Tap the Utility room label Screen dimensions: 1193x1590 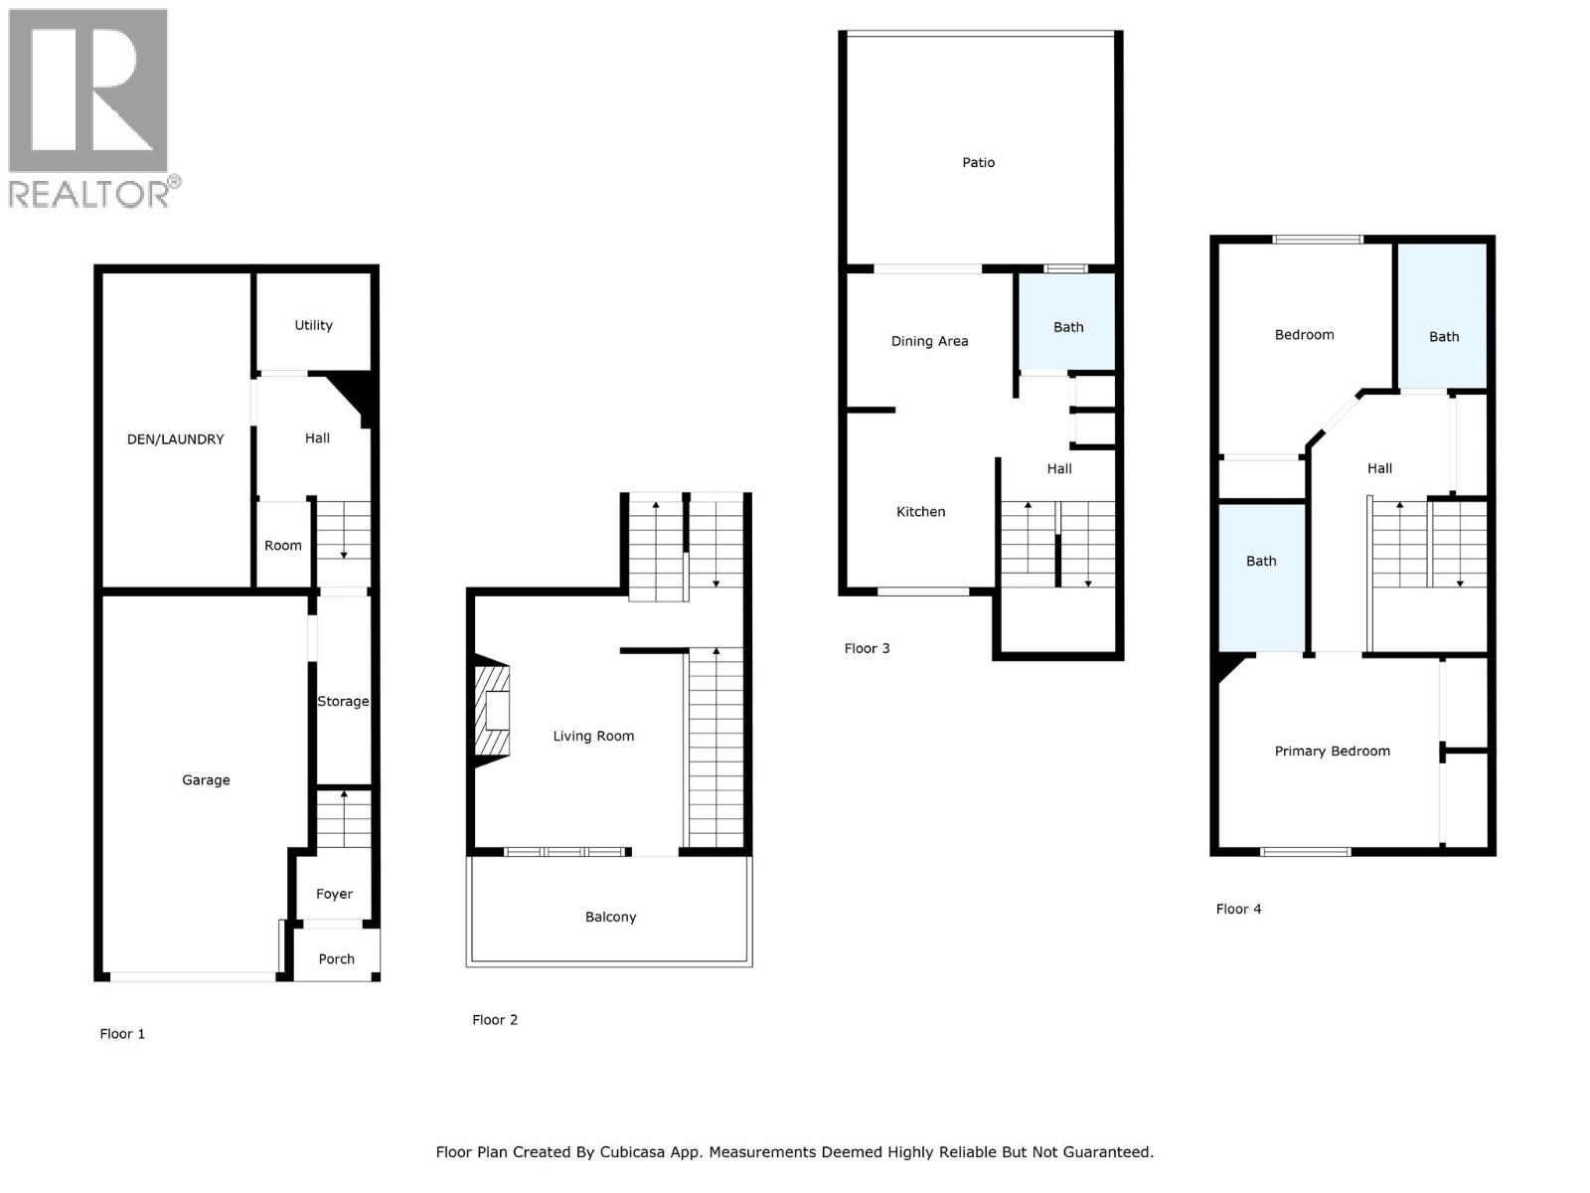pos(313,325)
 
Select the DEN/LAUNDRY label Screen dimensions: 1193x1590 pos(175,439)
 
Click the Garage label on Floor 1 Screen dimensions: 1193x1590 pos(206,780)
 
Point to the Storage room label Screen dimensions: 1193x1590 pos(343,701)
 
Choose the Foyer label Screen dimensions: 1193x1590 pos(334,894)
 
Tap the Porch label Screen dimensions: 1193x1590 pos(336,959)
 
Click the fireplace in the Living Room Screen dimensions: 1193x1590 pos(493,712)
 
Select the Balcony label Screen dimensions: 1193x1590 pos(610,917)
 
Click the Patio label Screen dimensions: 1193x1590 pos(978,162)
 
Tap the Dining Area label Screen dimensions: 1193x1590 pos(929,341)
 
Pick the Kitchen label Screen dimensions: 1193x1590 pos(920,512)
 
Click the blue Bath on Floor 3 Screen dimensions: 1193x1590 pos(1068,327)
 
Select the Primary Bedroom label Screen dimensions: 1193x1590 pos(1332,752)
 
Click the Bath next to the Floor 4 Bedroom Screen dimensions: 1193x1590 pos(1444,337)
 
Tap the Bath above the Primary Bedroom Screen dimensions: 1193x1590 pos(1261,562)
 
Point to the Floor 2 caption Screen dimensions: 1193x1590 pos(495,1020)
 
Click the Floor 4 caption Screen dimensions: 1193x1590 pos(1238,909)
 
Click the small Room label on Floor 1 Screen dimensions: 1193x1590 pos(283,546)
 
